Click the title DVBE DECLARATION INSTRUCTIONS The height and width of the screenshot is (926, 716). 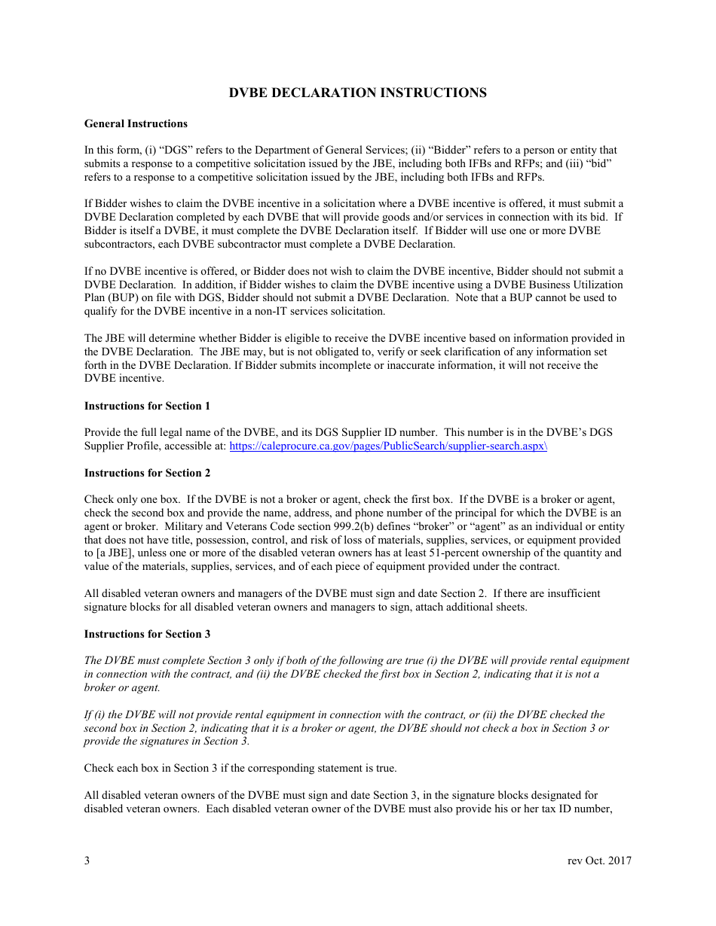coord(357,93)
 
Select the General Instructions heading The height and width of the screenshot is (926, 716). coord(136,123)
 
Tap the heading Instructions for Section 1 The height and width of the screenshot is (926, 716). coord(147,406)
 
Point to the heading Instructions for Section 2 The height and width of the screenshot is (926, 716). coord(147,473)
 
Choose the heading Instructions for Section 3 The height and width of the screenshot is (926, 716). coord(147,634)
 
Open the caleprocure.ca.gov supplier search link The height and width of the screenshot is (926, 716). coord(388,446)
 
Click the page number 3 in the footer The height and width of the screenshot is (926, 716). coord(87,861)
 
